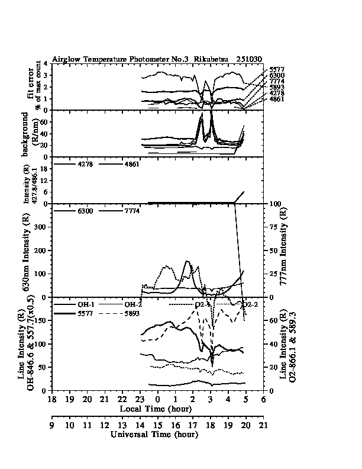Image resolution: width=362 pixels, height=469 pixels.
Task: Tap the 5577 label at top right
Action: pyautogui.click(x=276, y=70)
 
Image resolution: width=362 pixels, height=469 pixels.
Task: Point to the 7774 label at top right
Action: pyautogui.click(x=276, y=82)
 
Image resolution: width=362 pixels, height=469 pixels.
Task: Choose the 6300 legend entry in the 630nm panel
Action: pyautogui.click(x=83, y=211)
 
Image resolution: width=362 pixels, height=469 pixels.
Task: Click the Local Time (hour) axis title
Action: pyautogui.click(x=154, y=409)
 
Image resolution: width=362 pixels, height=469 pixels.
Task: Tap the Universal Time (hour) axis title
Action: pyautogui.click(x=154, y=434)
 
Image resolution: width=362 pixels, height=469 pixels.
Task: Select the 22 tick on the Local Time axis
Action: pyautogui.click(x=122, y=400)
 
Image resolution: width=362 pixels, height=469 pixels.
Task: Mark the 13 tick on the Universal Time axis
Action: pyautogui.click(x=122, y=426)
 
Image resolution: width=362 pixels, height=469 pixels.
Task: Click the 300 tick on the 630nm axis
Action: pyautogui.click(x=43, y=227)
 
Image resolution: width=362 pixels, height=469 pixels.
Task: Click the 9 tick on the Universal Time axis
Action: pyautogui.click(x=52, y=426)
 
